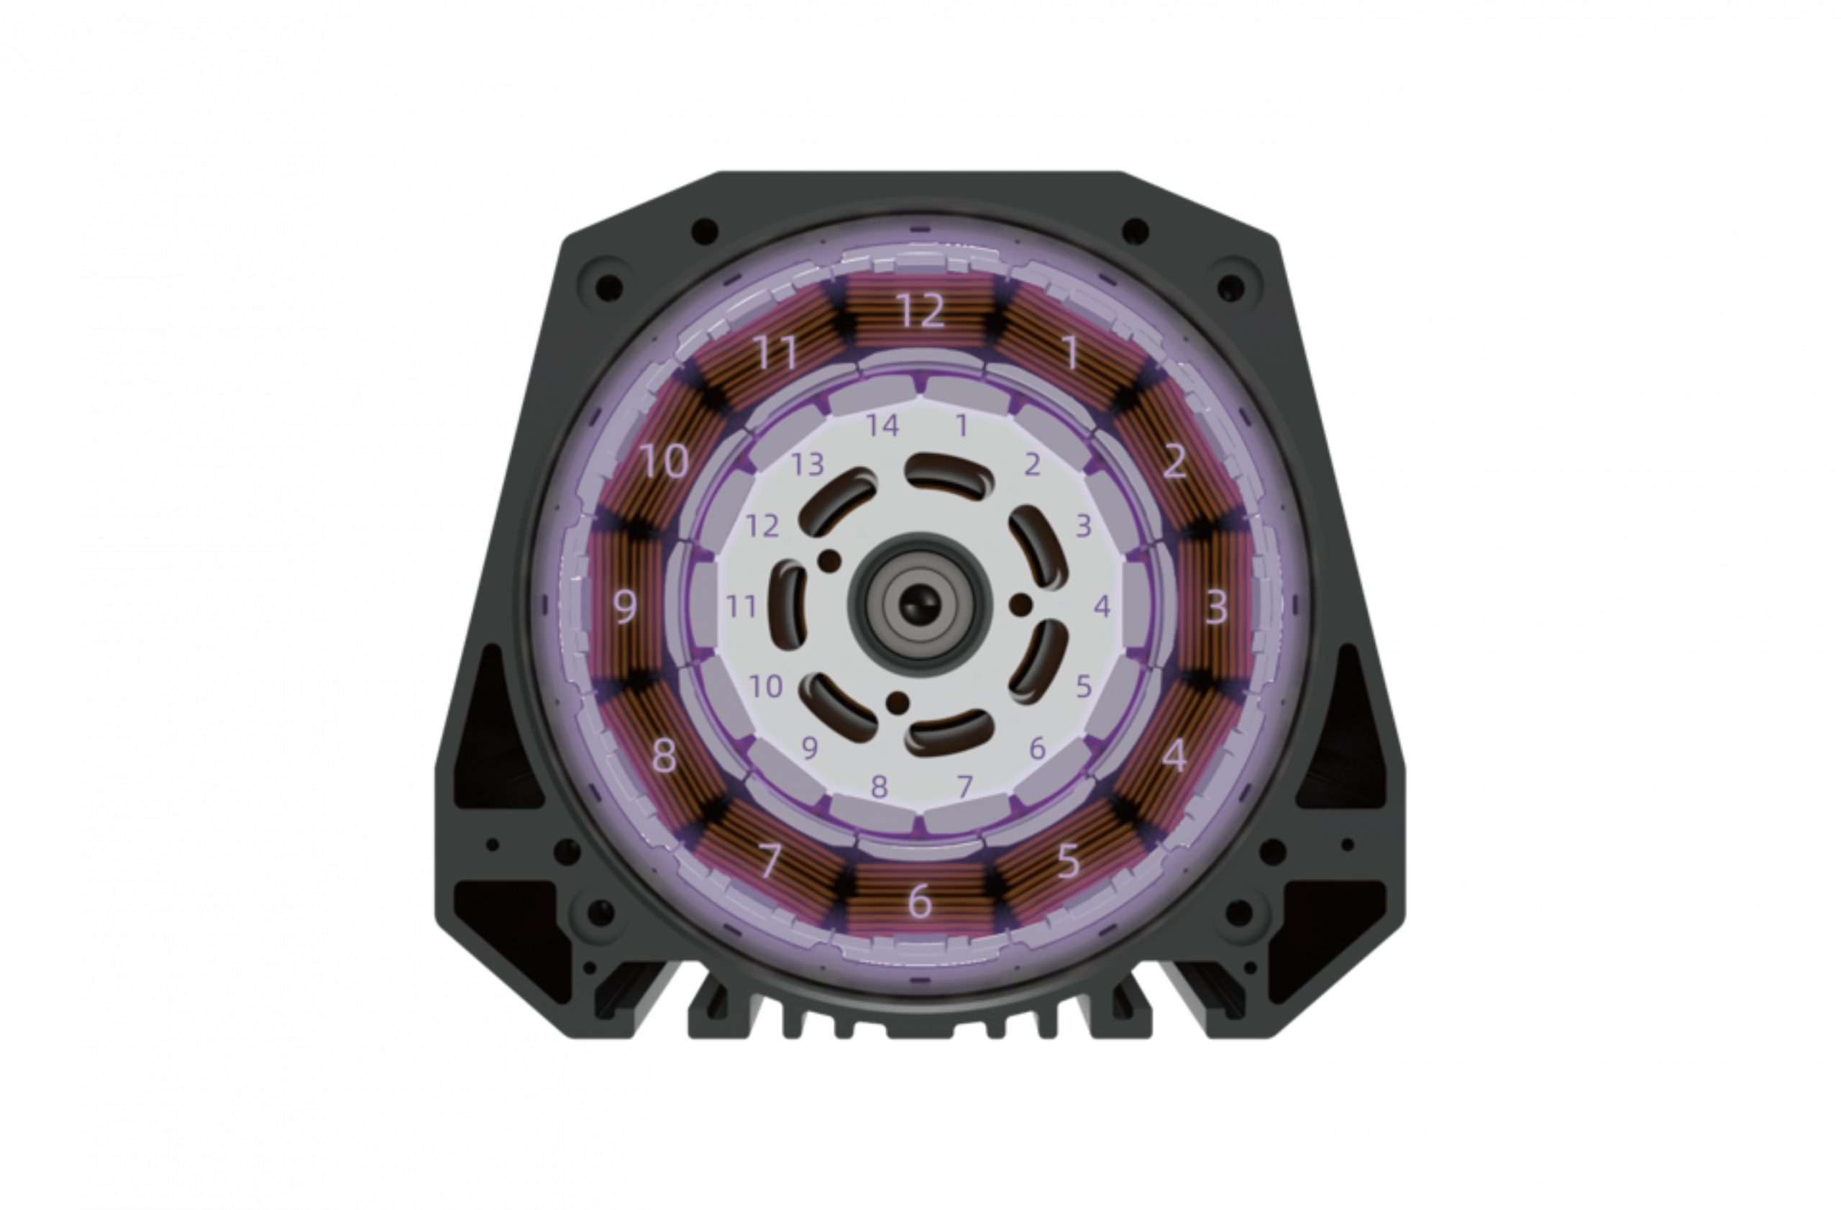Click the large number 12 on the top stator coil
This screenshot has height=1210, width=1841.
coord(920,309)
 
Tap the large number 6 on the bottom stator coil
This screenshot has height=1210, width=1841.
coord(919,901)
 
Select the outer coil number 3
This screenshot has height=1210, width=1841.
coord(1216,606)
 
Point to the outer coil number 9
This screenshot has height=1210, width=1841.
coord(625,606)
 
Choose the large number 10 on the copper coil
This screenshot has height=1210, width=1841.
coord(665,461)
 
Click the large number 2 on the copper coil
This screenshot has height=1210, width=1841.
coord(1174,461)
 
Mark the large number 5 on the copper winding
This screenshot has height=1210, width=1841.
coord(1068,860)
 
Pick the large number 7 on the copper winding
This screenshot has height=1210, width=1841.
coord(769,860)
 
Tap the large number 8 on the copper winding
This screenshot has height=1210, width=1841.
coord(664,755)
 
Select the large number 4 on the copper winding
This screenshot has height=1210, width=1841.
coord(1174,755)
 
